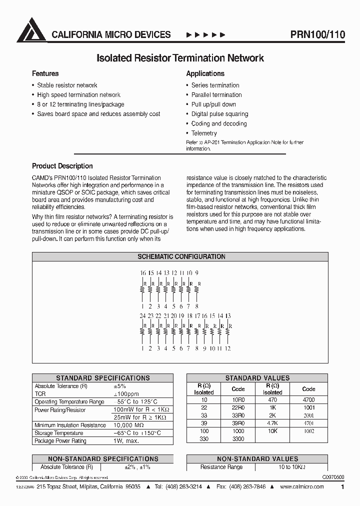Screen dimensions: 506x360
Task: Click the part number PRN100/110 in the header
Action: (x=317, y=34)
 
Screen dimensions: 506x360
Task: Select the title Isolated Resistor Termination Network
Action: (x=180, y=58)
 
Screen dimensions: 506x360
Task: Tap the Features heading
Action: (x=45, y=73)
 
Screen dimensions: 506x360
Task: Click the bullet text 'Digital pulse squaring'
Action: (x=219, y=114)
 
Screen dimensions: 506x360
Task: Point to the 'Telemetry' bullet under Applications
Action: (x=204, y=133)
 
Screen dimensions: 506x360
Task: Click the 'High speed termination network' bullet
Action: (x=78, y=94)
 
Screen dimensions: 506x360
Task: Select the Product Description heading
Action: (x=62, y=166)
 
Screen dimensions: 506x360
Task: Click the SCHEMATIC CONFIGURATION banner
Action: (x=181, y=256)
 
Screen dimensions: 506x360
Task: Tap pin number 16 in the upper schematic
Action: (x=142, y=273)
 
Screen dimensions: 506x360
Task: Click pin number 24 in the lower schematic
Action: (x=143, y=316)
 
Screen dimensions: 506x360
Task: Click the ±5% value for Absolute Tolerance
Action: (x=121, y=386)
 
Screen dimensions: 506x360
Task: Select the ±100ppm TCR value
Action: (x=125, y=394)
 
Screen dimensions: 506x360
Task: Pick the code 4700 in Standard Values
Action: (x=308, y=400)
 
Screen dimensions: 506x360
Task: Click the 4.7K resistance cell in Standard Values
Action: (x=272, y=422)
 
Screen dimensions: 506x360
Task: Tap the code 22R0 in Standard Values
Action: (x=238, y=407)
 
